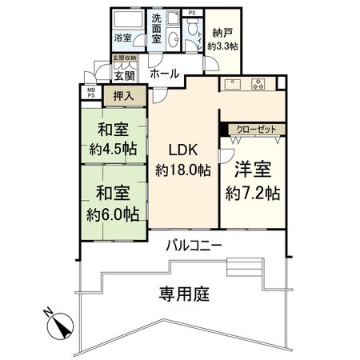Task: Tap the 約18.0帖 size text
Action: pyautogui.click(x=182, y=170)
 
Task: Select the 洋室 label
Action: pyautogui.click(x=252, y=170)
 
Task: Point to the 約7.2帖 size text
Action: pyautogui.click(x=252, y=192)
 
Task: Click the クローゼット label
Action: pyautogui.click(x=255, y=128)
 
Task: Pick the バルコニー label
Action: pyautogui.click(x=194, y=244)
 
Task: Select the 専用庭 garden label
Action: pyautogui.click(x=181, y=294)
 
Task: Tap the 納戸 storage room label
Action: pyautogui.click(x=220, y=38)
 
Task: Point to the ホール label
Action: pyautogui.click(x=163, y=74)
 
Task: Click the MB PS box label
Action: pyautogui.click(x=90, y=91)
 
